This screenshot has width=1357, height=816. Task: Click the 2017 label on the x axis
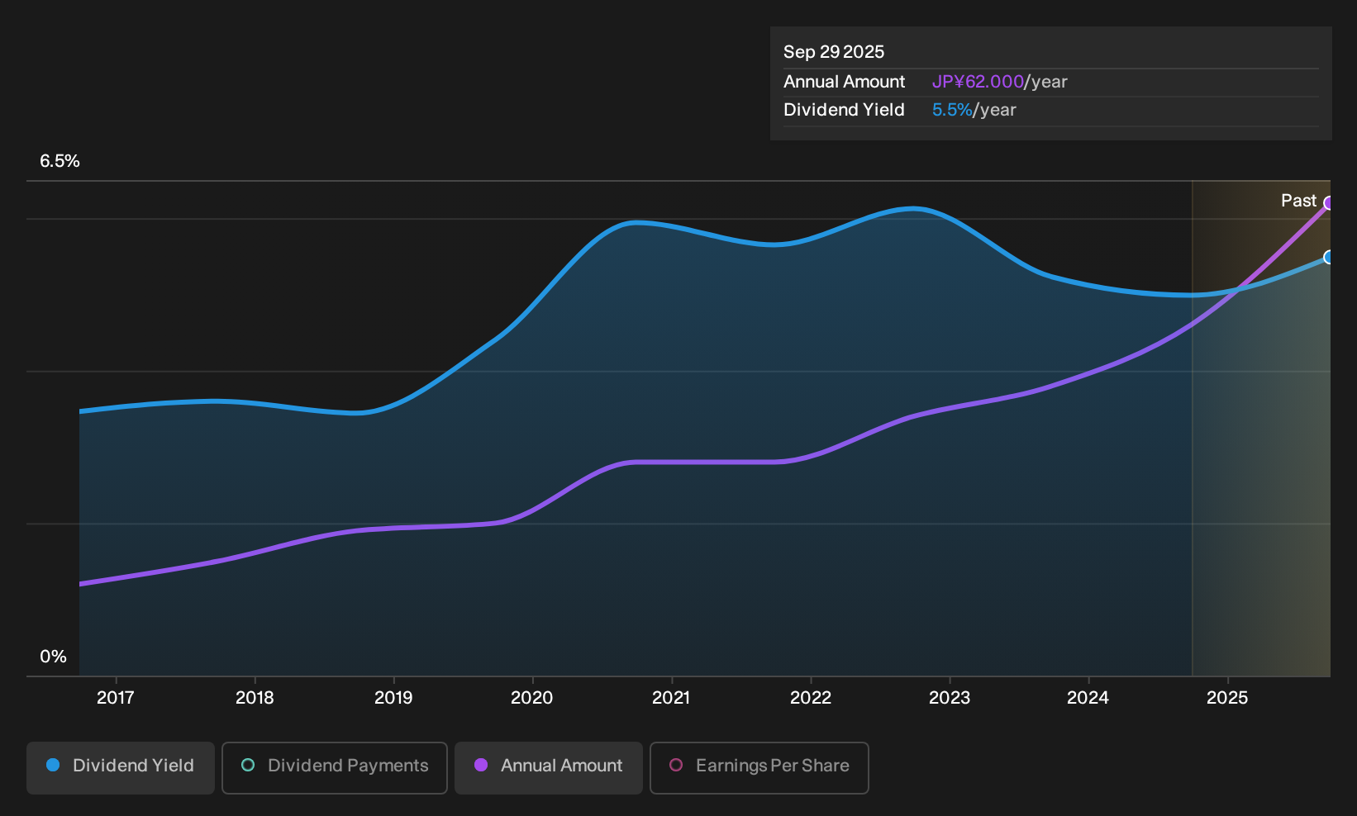point(115,698)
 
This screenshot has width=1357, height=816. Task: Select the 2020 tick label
point(532,698)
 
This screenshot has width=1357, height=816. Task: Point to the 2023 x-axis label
point(950,698)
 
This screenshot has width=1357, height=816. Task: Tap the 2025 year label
point(1227,698)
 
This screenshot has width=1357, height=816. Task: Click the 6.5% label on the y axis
point(60,161)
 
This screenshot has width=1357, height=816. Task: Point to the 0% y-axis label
point(54,657)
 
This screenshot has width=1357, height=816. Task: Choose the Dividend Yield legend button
point(121,767)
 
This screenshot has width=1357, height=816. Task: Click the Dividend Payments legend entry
point(335,767)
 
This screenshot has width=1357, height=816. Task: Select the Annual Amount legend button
point(548,767)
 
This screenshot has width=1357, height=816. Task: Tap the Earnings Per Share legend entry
point(759,767)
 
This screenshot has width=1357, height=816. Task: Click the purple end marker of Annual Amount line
point(1329,203)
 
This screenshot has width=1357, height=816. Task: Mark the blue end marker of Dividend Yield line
point(1329,257)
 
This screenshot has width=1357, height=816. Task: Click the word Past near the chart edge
point(1298,201)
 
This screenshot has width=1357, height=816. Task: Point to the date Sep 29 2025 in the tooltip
point(834,52)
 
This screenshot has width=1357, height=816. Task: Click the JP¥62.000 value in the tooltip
point(978,82)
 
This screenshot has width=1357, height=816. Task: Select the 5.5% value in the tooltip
point(952,110)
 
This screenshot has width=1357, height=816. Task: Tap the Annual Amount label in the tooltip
point(844,82)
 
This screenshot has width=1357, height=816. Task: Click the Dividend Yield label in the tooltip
point(844,110)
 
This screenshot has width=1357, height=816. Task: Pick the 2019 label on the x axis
point(393,698)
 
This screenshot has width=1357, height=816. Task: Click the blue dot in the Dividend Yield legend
point(54,765)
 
